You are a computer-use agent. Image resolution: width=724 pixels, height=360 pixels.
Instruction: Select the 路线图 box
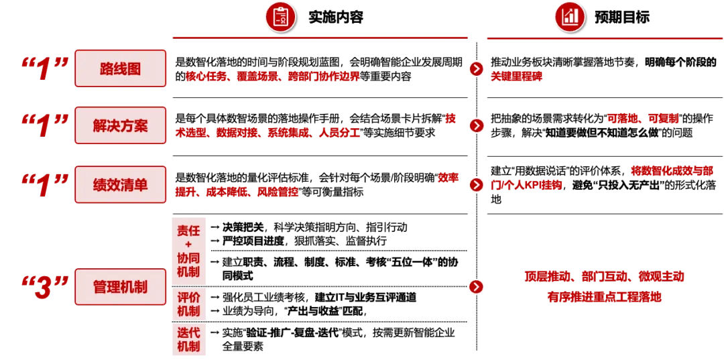(x=121, y=68)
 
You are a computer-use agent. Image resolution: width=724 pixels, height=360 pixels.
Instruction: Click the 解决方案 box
(x=121, y=125)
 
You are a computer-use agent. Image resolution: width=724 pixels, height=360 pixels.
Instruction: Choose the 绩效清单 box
(x=121, y=184)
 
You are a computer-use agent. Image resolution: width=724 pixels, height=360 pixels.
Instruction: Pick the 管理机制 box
(x=121, y=287)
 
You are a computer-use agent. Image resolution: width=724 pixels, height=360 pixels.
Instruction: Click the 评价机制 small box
(x=189, y=304)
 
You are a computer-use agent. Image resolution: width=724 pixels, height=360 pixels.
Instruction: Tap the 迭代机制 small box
(x=189, y=340)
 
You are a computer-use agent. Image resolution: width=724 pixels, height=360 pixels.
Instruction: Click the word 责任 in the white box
(x=189, y=231)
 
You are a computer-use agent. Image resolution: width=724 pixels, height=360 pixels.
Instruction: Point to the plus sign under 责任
(x=188, y=245)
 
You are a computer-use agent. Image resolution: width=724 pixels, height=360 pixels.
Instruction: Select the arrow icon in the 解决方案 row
(x=475, y=125)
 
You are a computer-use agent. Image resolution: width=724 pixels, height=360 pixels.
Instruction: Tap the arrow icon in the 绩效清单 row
(x=475, y=184)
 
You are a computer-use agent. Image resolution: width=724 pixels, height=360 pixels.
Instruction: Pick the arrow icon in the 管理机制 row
(x=475, y=287)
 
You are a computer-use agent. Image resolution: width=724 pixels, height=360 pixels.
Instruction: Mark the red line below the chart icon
(x=603, y=40)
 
